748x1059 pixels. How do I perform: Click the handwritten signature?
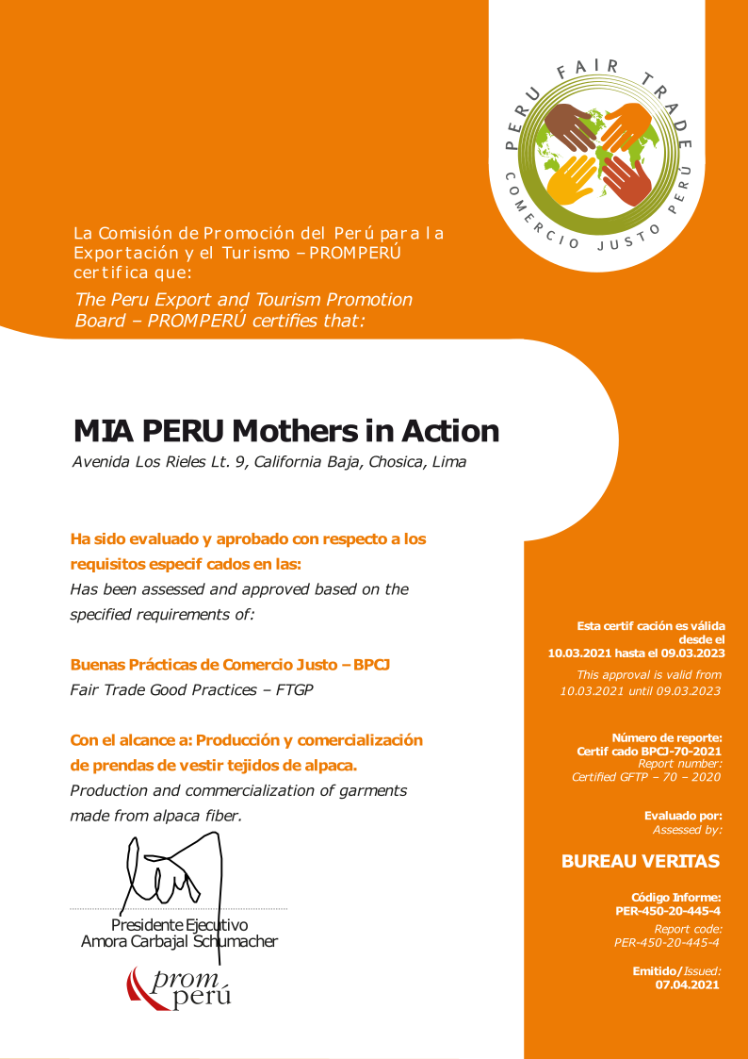[170, 872]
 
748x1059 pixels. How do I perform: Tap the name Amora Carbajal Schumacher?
[179, 941]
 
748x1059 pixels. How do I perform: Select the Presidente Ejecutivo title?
[179, 924]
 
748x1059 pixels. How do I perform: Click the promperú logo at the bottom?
[179, 988]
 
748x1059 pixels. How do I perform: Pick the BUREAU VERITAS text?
[640, 861]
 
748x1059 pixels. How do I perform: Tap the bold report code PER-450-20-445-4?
[668, 911]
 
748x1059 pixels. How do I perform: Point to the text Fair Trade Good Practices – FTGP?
[191, 689]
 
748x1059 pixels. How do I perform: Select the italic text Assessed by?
[688, 830]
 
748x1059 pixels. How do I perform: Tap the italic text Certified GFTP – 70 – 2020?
[646, 777]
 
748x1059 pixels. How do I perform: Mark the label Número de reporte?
[667, 737]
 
